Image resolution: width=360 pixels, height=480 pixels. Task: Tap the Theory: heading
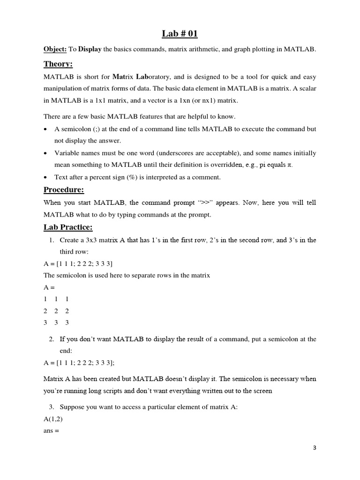[58, 64]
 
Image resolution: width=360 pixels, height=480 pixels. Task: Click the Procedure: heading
[64, 190]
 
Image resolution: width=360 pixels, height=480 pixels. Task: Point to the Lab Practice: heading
[68, 227]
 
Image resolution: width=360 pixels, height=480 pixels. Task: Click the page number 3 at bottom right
[315, 448]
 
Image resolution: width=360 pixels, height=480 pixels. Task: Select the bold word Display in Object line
[90, 49]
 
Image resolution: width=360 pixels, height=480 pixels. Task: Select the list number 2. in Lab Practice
[52, 338]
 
